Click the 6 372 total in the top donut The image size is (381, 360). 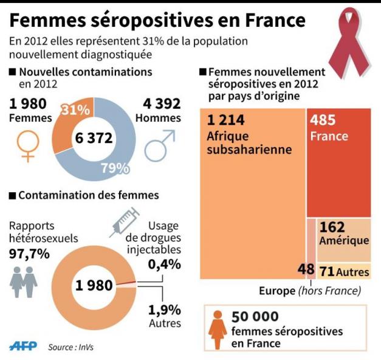pyautogui.click(x=94, y=139)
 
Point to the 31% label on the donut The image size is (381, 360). pyautogui.click(x=76, y=110)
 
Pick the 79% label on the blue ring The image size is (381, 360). pyautogui.click(x=115, y=168)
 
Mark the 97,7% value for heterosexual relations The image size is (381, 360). pyautogui.click(x=29, y=254)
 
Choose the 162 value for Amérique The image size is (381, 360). pyautogui.click(x=331, y=227)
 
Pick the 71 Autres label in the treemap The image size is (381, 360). pyautogui.click(x=343, y=271)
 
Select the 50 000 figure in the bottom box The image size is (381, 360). pyautogui.click(x=255, y=316)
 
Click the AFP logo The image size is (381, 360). pyautogui.click(x=23, y=346)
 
